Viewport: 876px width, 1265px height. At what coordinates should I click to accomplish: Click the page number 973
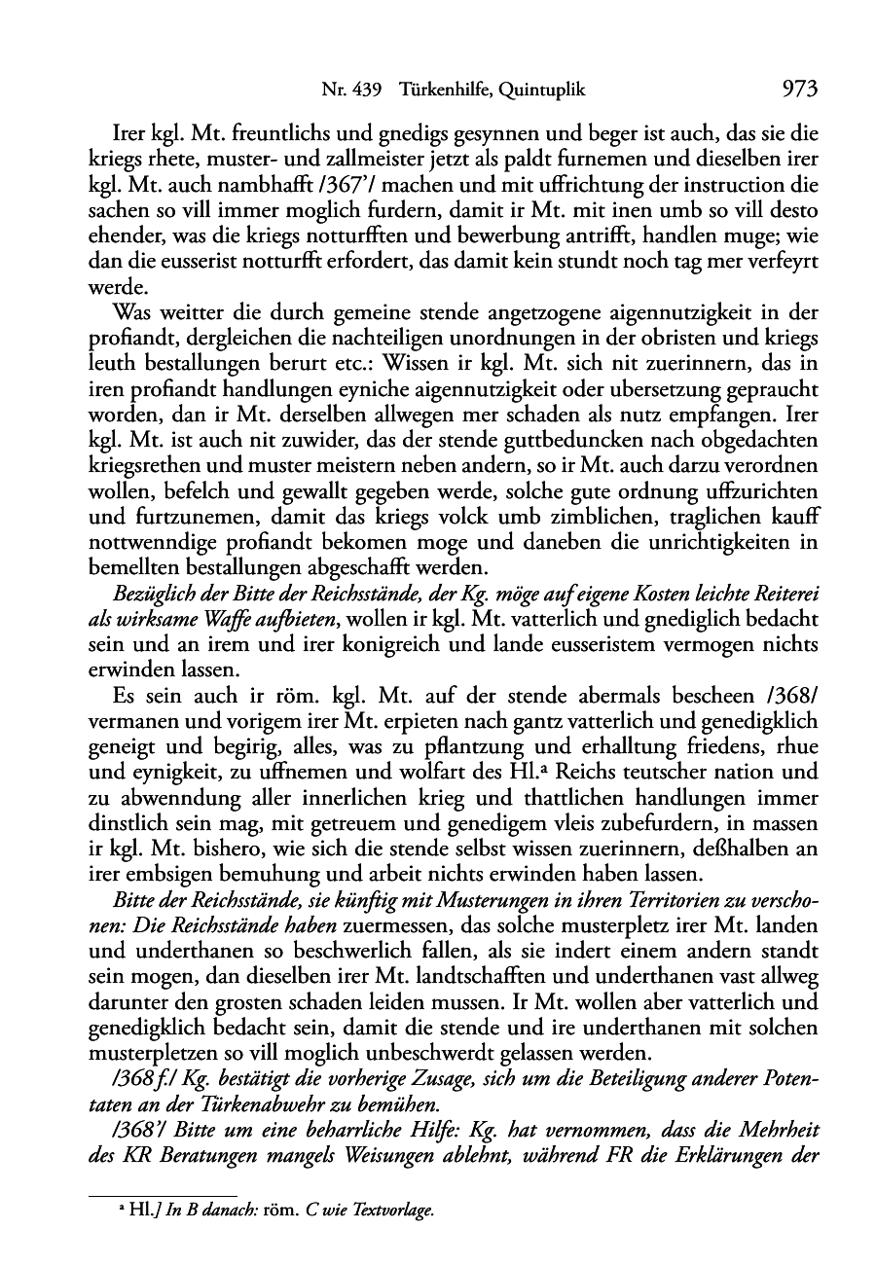(x=798, y=90)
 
